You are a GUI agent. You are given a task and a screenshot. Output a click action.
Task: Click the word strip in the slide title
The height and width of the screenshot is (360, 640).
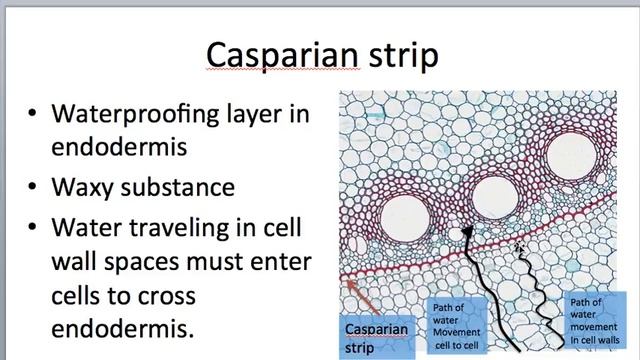tap(403, 56)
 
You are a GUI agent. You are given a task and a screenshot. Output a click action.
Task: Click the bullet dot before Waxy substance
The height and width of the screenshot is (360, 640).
tap(33, 188)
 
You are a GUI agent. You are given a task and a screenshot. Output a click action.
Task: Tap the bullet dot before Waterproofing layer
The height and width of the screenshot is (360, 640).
tap(33, 114)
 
